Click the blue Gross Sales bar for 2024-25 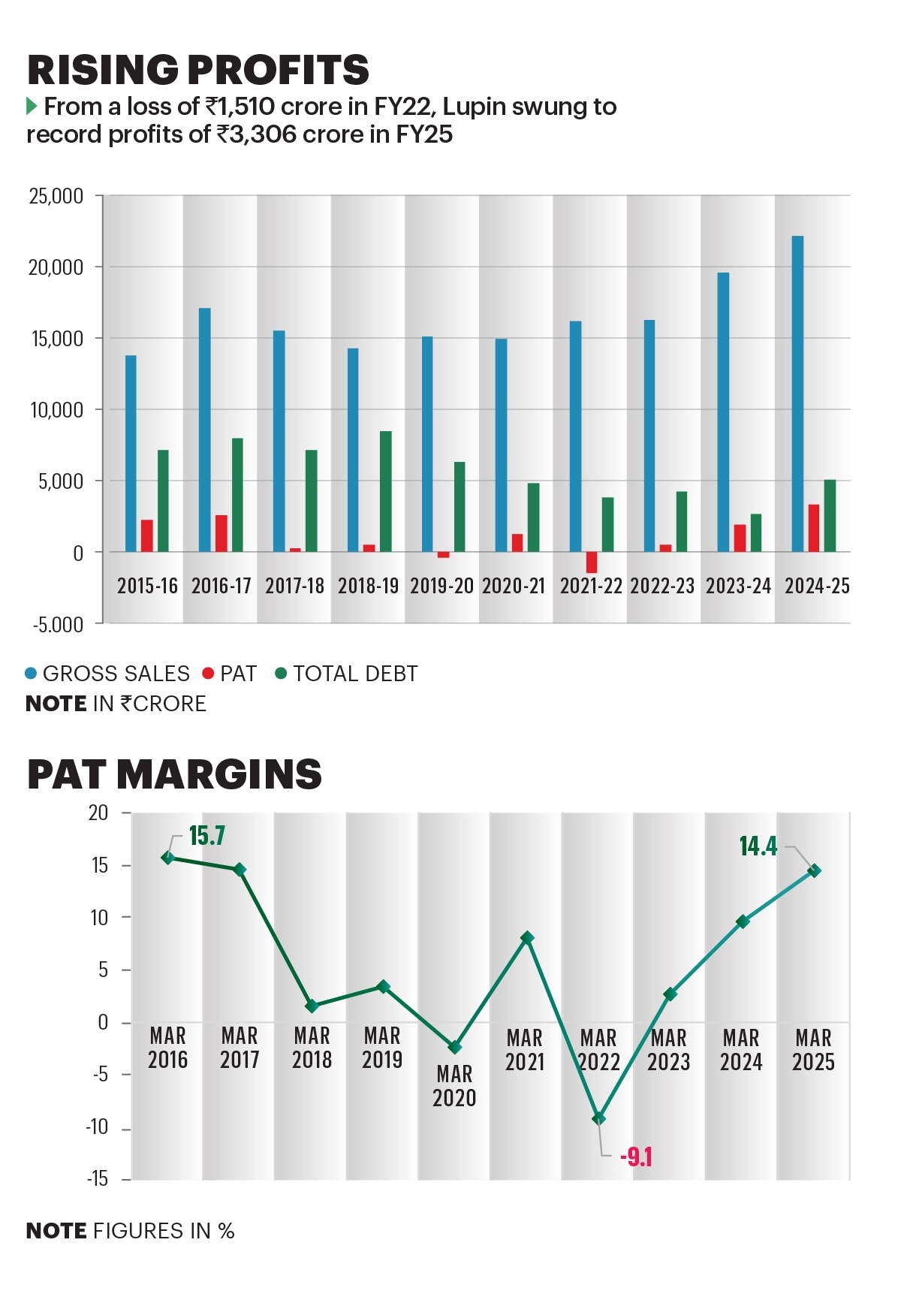click(797, 394)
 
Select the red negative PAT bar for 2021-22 click(592, 562)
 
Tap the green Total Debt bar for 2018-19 click(385, 492)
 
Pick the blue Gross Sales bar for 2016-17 click(205, 430)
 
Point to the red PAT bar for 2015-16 click(147, 535)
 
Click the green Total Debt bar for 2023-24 click(756, 532)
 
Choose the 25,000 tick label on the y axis click(56, 197)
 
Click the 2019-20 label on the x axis click(441, 586)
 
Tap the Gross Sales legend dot click(32, 674)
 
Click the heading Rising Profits click(198, 70)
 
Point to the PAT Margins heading click(174, 774)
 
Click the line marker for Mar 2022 click(598, 1118)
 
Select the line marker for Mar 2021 click(527, 938)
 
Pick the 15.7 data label click(206, 836)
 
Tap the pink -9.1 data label click(636, 1157)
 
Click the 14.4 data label click(758, 846)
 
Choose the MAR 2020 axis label click(454, 1086)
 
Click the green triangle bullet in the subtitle click(32, 106)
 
